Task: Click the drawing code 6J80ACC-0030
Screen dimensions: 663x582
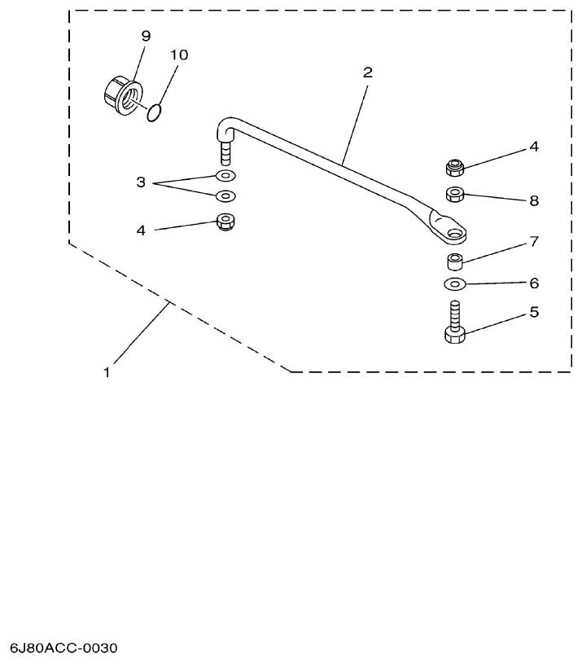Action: click(x=64, y=648)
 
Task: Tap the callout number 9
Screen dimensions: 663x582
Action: click(x=146, y=36)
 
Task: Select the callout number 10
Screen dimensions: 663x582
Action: click(x=179, y=55)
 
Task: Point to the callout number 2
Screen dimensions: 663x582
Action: click(x=367, y=72)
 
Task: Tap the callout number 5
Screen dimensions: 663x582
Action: click(x=534, y=311)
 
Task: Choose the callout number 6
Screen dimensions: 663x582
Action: click(x=534, y=283)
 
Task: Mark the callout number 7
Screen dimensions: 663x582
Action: click(x=534, y=242)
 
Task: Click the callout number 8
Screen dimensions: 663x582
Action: click(x=534, y=200)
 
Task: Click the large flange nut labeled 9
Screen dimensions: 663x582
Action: click(x=121, y=95)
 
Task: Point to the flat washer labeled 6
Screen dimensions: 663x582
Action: click(x=456, y=284)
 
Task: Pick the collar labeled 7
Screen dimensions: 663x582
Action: click(x=456, y=262)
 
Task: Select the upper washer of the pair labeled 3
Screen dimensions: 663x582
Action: click(x=225, y=176)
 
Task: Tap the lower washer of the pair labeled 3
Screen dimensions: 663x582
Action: click(x=225, y=196)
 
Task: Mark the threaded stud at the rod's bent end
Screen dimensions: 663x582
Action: click(x=225, y=152)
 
